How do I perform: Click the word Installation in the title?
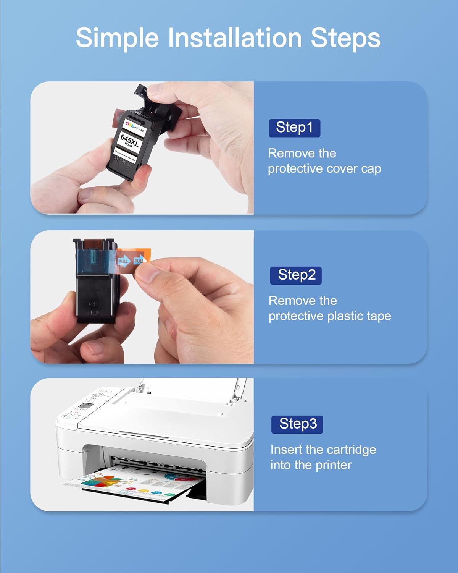point(235,37)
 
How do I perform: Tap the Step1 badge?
point(294,128)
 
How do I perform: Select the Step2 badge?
point(296,275)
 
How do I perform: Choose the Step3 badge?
point(297,424)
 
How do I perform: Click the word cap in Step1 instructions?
point(371,168)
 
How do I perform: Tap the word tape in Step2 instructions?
point(379,316)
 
